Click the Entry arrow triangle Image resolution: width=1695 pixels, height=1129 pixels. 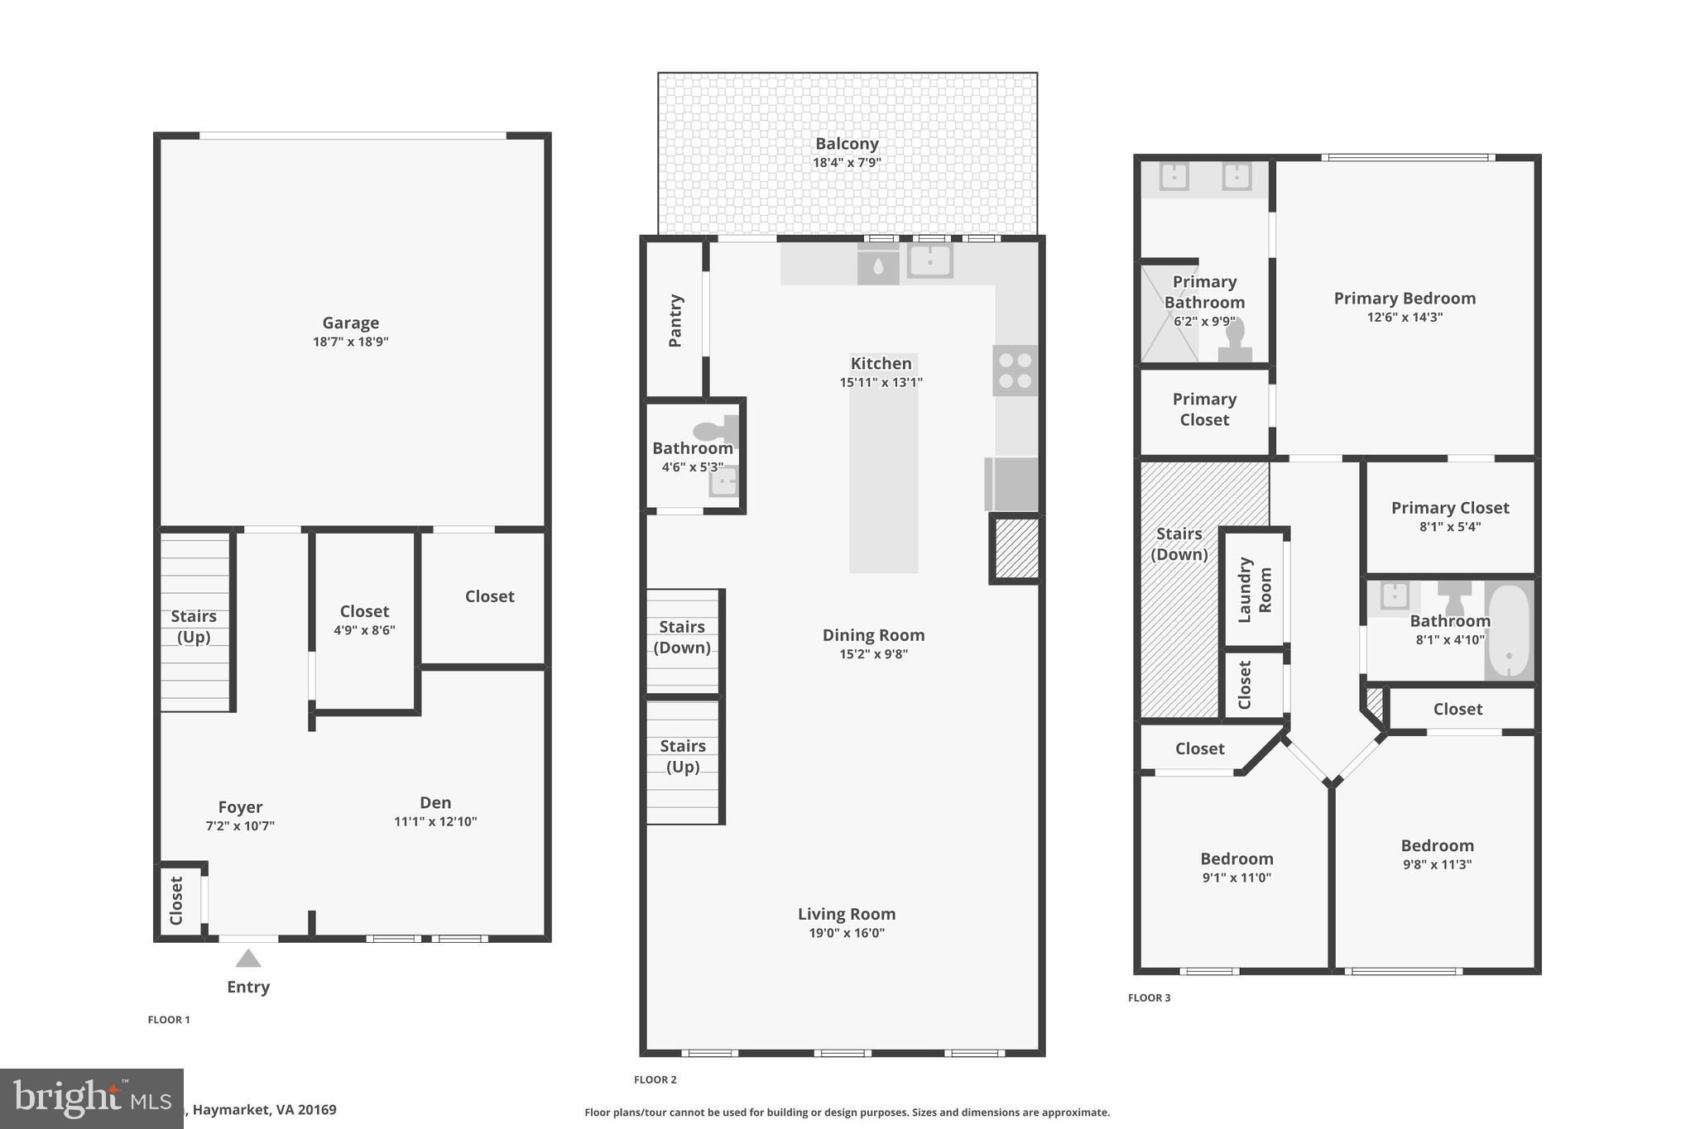click(248, 959)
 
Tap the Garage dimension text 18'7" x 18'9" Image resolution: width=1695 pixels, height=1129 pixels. click(350, 342)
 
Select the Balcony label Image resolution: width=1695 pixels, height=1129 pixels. click(847, 144)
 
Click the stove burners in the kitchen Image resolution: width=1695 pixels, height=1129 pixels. click(1015, 371)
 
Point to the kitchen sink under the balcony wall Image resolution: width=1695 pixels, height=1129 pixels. click(929, 261)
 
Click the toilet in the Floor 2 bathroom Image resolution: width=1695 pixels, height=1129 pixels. click(715, 430)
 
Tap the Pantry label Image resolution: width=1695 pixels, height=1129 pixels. click(675, 321)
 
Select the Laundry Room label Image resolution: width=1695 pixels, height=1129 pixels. click(1255, 590)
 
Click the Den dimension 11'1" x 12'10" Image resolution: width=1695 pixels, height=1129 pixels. click(435, 821)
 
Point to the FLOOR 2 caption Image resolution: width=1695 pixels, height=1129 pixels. click(655, 1079)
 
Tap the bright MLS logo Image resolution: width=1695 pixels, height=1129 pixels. click(91, 1098)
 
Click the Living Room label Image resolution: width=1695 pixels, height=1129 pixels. click(847, 914)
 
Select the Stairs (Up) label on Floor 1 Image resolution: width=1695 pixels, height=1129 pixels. click(194, 626)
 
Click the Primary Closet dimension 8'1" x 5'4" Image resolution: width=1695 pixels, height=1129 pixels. click(1450, 527)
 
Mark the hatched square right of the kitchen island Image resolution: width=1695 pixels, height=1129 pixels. click(1016, 548)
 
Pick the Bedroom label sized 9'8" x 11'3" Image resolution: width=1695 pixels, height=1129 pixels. click(1437, 845)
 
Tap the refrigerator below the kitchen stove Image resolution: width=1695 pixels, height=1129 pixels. click(1012, 484)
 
